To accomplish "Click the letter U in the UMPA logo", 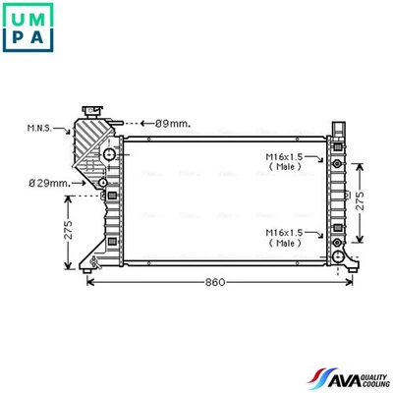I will (x=17, y=17).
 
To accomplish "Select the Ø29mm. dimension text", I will (x=48, y=183).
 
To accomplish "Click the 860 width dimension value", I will (x=215, y=282).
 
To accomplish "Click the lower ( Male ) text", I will (x=286, y=243).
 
